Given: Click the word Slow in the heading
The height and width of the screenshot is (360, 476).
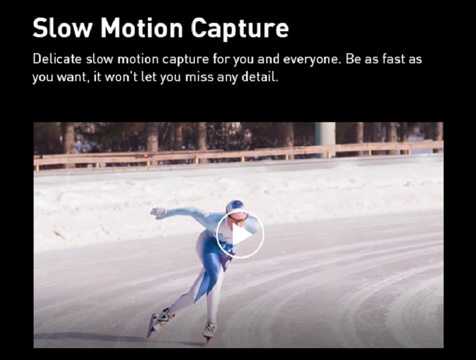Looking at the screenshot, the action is click(63, 27).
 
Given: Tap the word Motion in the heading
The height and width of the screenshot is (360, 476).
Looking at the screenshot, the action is click(141, 27).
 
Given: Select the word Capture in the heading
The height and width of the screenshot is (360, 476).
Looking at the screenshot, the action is click(240, 29).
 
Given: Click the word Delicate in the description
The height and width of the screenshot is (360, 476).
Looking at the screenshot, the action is click(57, 59).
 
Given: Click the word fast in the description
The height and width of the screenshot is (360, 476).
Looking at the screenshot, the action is click(393, 59).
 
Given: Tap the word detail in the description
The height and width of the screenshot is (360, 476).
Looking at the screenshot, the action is click(260, 77).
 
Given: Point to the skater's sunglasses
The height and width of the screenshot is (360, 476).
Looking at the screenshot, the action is click(239, 219).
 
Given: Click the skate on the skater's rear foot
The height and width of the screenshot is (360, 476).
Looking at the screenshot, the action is click(159, 321).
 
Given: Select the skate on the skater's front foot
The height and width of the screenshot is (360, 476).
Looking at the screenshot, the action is click(210, 330).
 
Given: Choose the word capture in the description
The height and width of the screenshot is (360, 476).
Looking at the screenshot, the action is click(185, 59).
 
